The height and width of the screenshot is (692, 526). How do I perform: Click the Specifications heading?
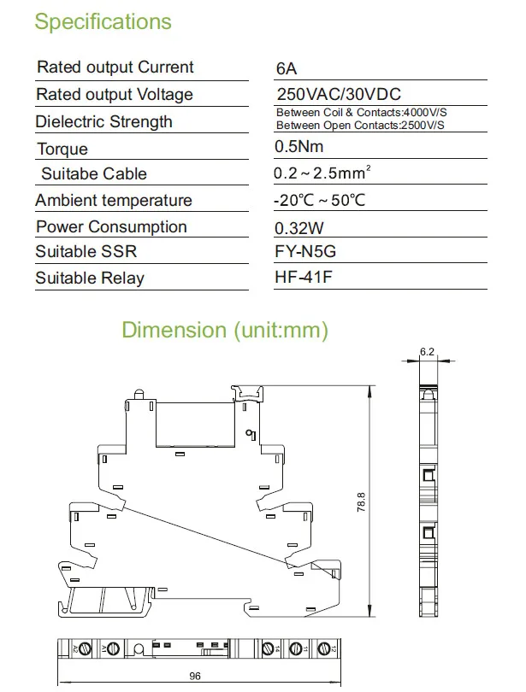click(103, 21)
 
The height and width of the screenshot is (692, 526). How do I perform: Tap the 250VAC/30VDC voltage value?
click(339, 94)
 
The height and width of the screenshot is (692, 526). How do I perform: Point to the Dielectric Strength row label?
click(103, 121)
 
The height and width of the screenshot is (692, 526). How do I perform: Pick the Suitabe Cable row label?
click(94, 173)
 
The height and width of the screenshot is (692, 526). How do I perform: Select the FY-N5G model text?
click(306, 252)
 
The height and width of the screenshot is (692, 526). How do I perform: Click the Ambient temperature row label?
click(113, 200)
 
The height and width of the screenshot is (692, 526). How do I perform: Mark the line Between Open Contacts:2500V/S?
click(359, 126)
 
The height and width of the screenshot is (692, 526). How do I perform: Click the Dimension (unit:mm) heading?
click(225, 330)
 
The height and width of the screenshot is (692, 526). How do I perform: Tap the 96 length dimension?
click(195, 676)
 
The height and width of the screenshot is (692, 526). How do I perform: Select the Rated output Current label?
click(115, 67)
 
